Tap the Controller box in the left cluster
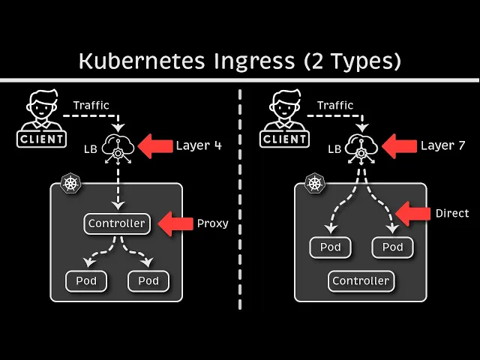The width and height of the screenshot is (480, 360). [x=116, y=223]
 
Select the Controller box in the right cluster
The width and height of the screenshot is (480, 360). [x=361, y=281]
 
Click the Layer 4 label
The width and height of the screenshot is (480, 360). [x=199, y=145]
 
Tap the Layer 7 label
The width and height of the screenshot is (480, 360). [x=442, y=145]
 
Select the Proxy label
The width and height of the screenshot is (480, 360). [x=212, y=223]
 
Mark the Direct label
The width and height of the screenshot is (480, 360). [x=452, y=214]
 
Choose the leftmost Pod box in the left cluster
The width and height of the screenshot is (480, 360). [x=86, y=281]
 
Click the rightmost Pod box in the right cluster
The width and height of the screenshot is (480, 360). [x=392, y=247]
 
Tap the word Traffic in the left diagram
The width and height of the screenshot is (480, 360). [x=91, y=105]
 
